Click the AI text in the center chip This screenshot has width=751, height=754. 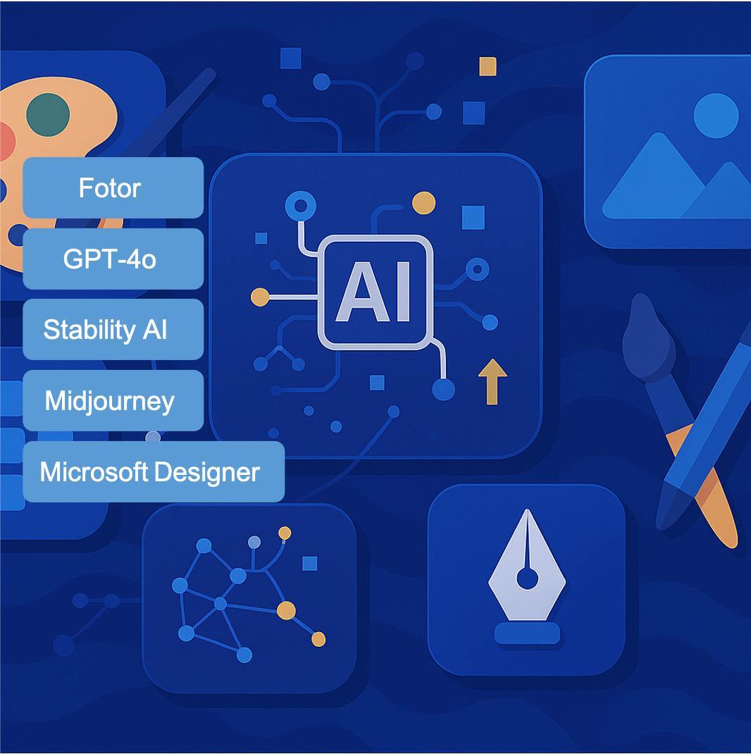[x=374, y=292]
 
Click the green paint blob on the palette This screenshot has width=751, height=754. [x=48, y=114]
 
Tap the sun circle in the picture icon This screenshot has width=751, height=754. [x=716, y=116]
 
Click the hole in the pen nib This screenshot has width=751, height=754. [x=527, y=579]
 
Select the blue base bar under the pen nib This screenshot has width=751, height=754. [x=528, y=633]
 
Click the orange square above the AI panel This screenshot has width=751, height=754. [x=488, y=66]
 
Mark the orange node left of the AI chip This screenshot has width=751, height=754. [x=260, y=297]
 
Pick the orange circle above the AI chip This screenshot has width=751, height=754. [x=423, y=203]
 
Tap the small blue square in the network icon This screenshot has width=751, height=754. [x=310, y=563]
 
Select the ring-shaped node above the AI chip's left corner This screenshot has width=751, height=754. [x=301, y=206]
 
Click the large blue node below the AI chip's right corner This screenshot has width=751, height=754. [x=443, y=389]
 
